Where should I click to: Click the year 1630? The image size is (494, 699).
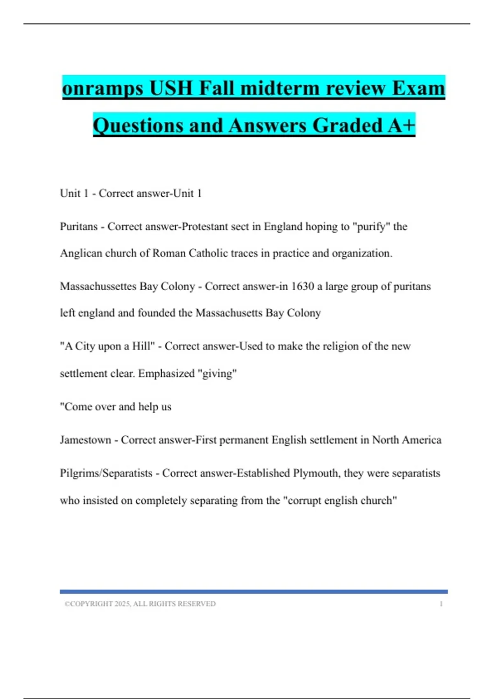point(303,286)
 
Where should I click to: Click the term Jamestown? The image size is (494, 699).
point(86,440)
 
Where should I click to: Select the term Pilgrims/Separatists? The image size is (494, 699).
point(106,473)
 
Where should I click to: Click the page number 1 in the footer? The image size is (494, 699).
point(441,604)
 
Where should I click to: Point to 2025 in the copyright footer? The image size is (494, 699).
point(122,604)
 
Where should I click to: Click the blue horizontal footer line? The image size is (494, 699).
point(254,592)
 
